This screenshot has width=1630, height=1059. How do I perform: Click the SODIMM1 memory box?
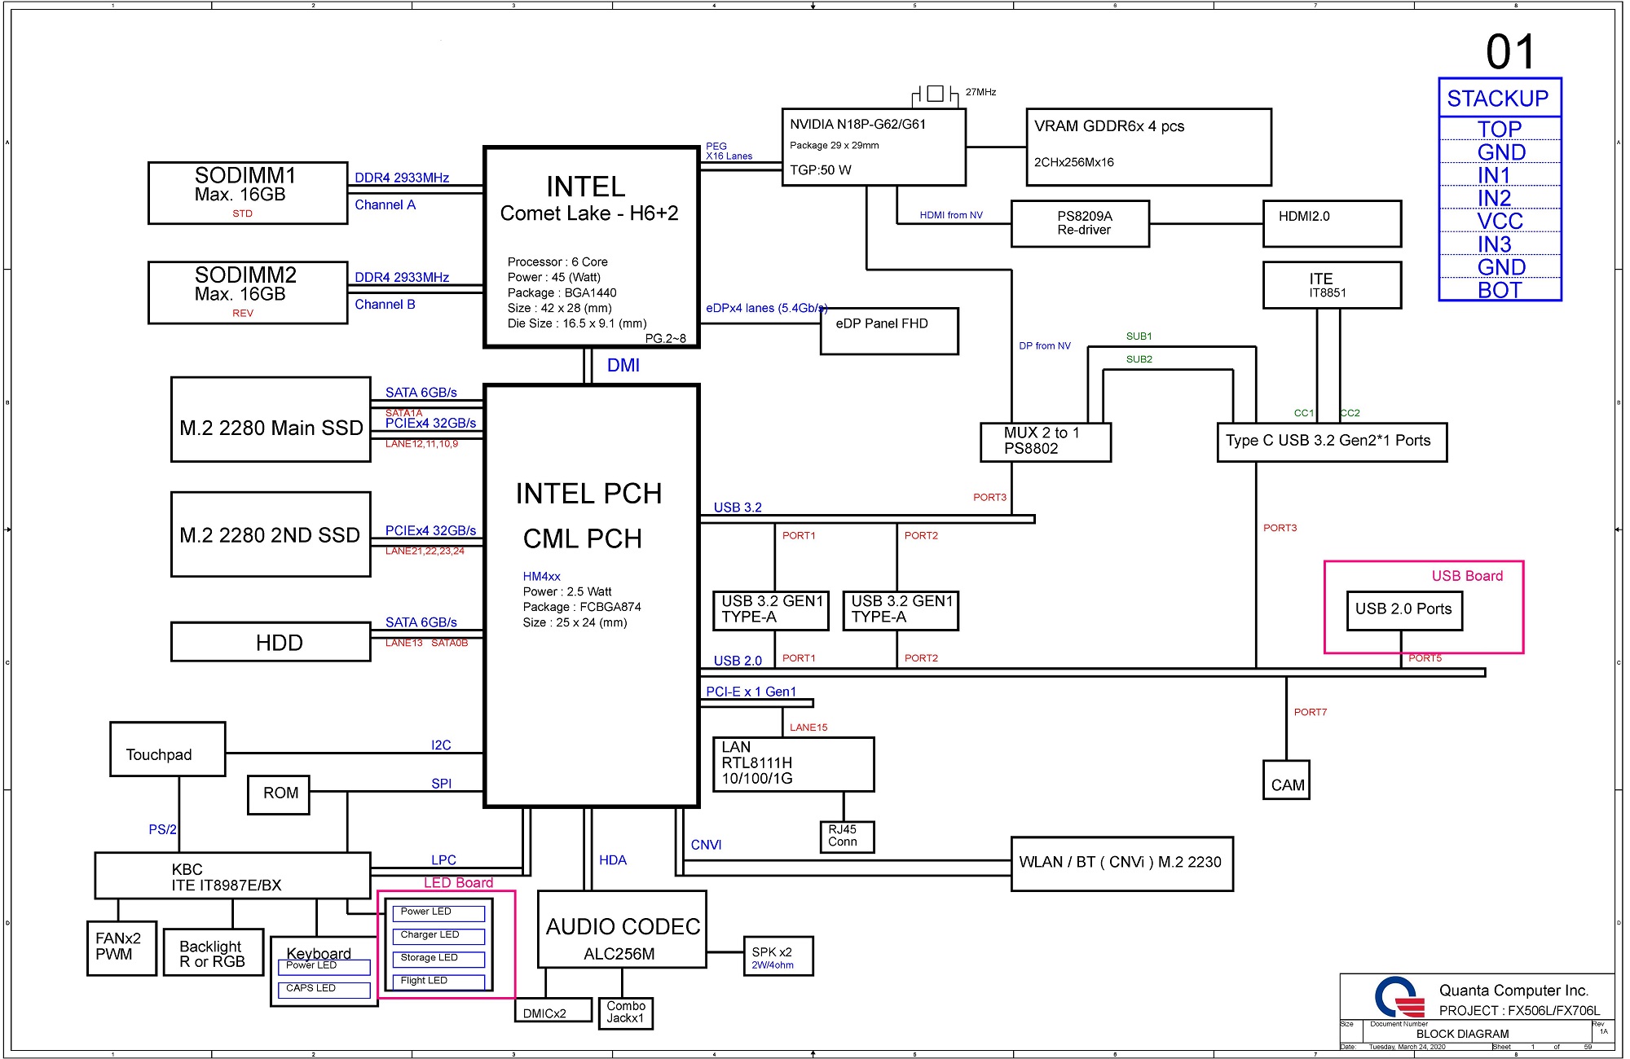pos(248,193)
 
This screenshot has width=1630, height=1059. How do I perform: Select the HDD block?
pos(271,642)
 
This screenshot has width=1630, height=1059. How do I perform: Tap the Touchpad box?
pos(168,749)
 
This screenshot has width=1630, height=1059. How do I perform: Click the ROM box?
pos(279,795)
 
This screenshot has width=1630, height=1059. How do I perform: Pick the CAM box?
pos(1286,780)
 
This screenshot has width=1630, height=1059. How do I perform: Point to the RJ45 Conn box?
pos(846,837)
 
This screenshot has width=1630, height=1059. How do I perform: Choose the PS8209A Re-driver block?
pos(1080,223)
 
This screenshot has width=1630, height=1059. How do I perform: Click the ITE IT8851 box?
pos(1332,285)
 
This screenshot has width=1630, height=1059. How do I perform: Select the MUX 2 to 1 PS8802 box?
pos(1046,442)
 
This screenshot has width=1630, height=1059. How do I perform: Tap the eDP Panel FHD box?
pos(889,331)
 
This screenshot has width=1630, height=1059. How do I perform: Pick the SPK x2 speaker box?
pos(778,956)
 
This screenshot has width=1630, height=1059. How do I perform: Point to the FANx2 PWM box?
pos(121,948)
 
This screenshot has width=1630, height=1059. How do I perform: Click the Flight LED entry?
pos(438,982)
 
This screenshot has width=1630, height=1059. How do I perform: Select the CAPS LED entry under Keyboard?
pos(324,990)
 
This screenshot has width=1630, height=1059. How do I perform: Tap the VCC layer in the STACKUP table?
pos(1500,221)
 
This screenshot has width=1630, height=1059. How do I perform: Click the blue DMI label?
pos(623,366)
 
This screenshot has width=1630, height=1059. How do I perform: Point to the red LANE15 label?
pos(808,727)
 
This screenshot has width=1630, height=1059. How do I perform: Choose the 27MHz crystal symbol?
pos(936,94)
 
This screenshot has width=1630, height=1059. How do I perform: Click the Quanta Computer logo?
pos(1399,997)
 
